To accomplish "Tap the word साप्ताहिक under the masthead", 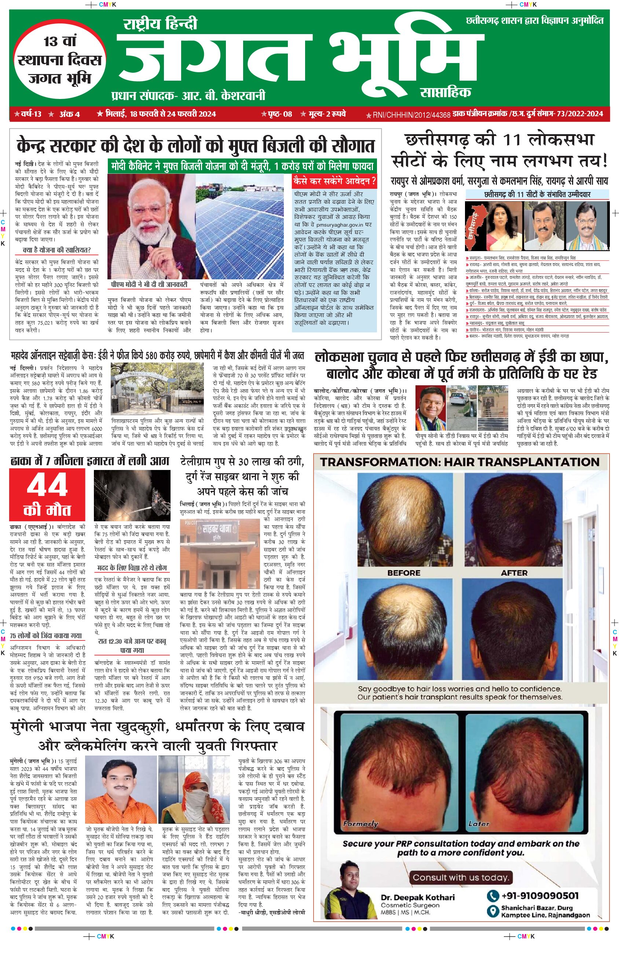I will pos(446,92).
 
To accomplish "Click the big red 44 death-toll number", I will pos(47,485).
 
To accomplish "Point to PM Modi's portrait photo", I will pos(150,227).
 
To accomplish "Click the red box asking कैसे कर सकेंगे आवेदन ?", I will pos(334,181).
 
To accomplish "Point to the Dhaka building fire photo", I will pos(132,495).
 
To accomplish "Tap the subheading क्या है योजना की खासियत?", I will pos(57,250).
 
